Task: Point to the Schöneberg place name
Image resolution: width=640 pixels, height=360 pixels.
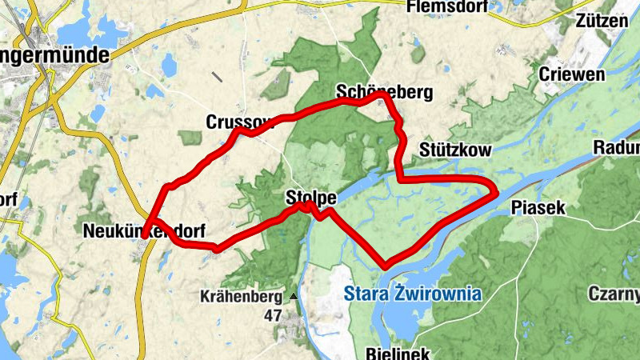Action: click(x=384, y=93)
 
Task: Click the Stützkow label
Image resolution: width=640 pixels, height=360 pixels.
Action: click(x=454, y=150)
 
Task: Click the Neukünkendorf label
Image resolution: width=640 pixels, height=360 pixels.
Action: click(x=144, y=231)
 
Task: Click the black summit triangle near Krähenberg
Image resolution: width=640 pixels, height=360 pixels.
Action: click(x=293, y=296)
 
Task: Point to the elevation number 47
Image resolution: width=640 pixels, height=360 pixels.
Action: click(x=273, y=315)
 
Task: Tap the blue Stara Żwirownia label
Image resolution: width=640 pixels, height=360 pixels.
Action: click(x=413, y=294)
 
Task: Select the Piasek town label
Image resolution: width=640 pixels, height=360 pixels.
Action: click(x=538, y=207)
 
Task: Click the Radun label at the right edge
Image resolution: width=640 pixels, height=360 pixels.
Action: click(x=617, y=148)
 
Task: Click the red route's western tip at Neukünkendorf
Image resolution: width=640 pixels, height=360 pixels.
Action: click(x=143, y=236)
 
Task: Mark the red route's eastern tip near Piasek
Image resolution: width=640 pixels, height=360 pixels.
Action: click(x=496, y=190)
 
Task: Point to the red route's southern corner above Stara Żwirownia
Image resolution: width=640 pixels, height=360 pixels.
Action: click(x=386, y=265)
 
